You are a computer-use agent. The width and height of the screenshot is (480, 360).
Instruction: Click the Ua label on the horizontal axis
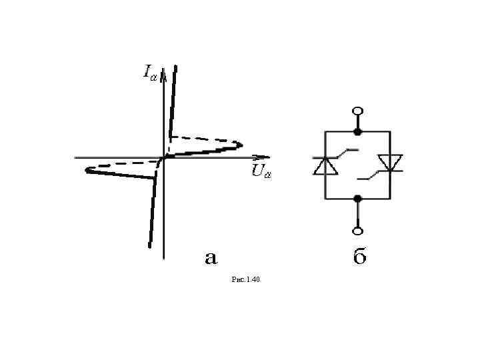261,172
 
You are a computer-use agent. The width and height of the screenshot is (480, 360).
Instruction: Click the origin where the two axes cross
163,157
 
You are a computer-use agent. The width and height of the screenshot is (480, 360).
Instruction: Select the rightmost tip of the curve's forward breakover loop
241,145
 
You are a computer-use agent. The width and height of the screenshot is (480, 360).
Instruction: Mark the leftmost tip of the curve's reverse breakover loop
87,170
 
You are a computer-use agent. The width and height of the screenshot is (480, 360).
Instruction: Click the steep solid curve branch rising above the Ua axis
173,100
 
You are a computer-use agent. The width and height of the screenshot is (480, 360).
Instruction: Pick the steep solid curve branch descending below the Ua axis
152,213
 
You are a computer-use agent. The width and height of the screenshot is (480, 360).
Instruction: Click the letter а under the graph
210,257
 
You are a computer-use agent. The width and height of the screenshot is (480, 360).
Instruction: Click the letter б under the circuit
359,257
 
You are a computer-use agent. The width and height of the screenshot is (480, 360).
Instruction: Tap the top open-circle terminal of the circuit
358,111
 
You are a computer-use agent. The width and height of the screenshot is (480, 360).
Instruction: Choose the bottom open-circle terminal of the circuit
358,231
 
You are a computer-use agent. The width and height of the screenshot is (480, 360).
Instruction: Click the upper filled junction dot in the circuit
358,131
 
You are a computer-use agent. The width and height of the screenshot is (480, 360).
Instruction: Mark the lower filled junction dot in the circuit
358,198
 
